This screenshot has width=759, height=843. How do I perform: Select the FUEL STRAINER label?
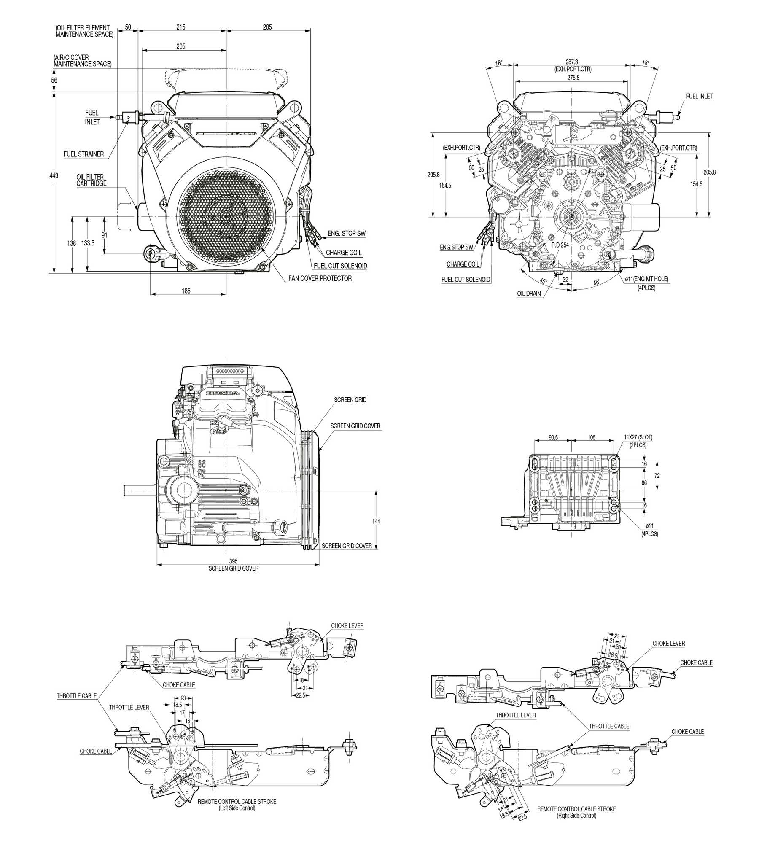coord(83,154)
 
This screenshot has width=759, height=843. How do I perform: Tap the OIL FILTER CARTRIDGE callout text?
coord(91,180)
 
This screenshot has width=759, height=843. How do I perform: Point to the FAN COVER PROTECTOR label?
coord(320,278)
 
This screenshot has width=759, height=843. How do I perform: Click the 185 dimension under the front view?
coord(186,291)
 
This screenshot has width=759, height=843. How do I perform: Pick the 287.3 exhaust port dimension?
coord(572,62)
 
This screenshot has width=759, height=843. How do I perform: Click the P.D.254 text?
coord(560,245)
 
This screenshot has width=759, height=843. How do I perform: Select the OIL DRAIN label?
coord(529,294)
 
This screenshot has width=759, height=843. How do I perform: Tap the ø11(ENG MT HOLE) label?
coord(646,279)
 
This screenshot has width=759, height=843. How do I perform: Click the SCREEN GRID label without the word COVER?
coord(350,400)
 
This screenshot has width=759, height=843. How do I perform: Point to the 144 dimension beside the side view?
coord(376,521)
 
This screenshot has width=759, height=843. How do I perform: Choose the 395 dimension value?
coord(233,561)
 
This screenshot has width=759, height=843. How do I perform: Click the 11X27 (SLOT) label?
coord(638,437)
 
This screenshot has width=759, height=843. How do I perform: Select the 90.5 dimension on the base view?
coord(553,437)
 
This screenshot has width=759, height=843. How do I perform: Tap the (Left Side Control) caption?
coord(237,808)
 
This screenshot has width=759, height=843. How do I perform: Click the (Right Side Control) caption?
coord(576,816)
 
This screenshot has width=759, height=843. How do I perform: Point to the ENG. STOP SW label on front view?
coord(346,234)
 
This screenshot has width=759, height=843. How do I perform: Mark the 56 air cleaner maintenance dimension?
coord(54,80)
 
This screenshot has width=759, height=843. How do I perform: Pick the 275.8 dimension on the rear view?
coord(573,78)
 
